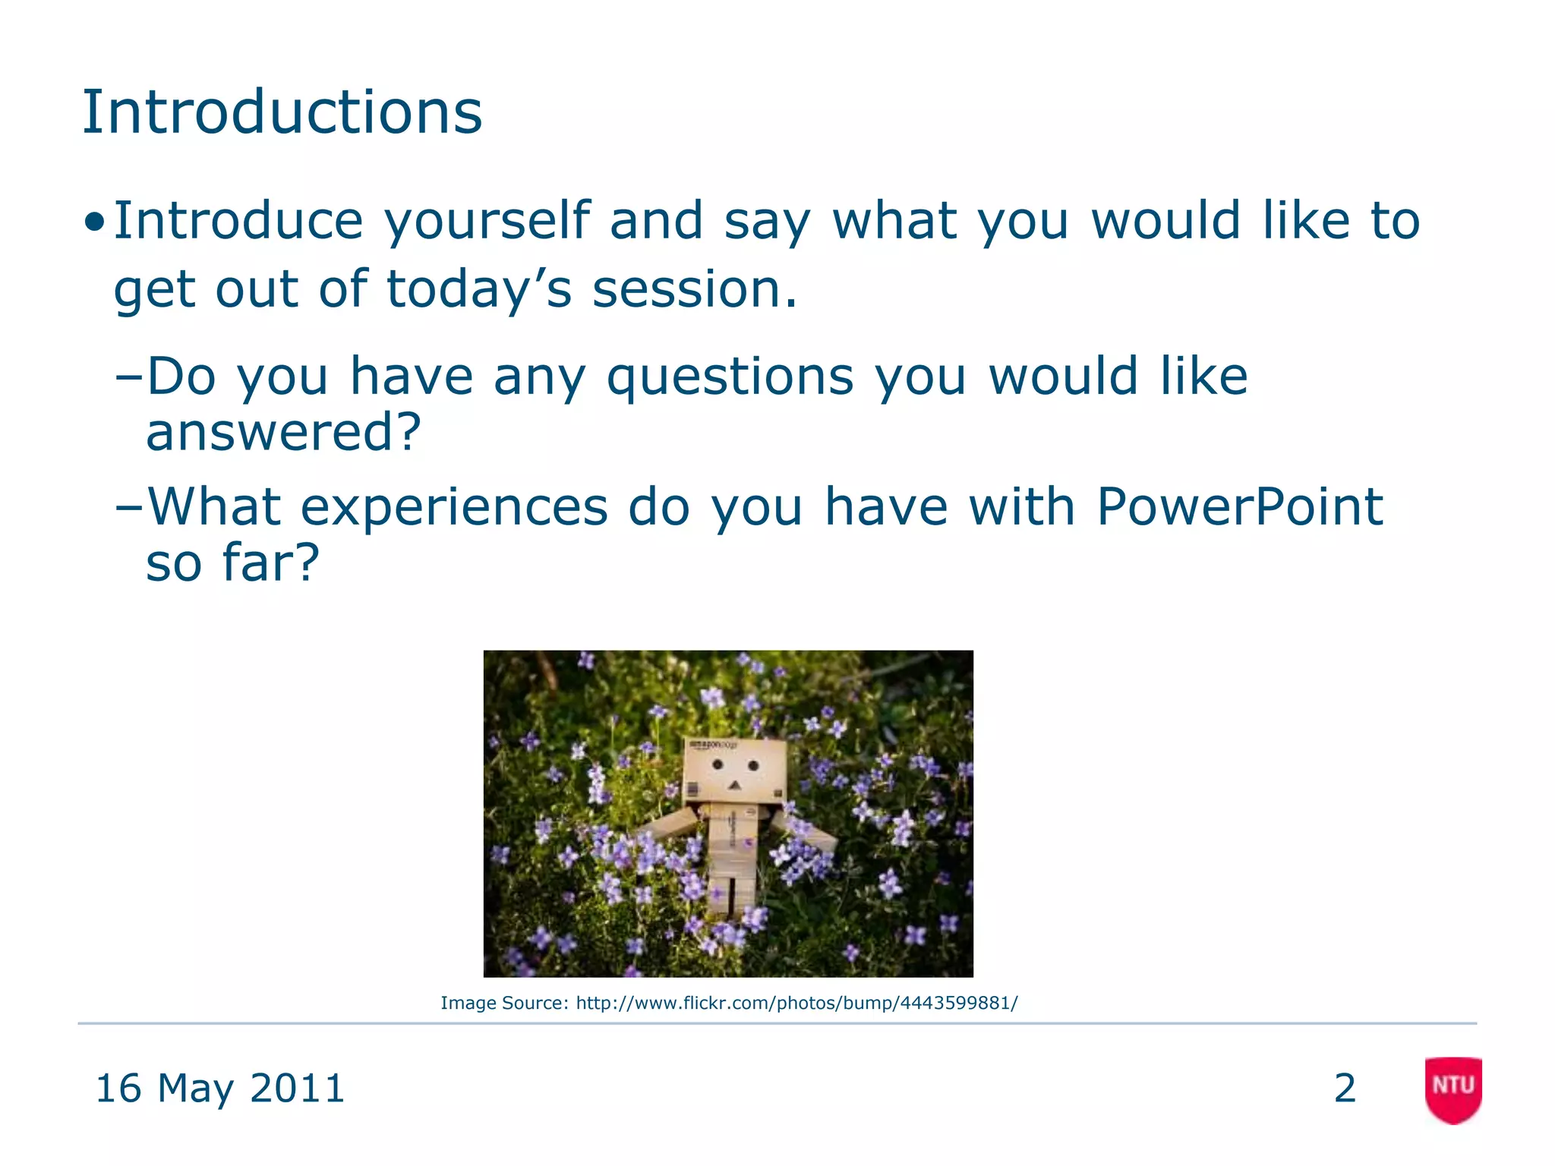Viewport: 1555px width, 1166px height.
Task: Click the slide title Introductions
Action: tap(282, 112)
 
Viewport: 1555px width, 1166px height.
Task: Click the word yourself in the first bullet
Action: tap(487, 222)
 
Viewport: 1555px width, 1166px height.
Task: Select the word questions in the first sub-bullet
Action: tap(730, 377)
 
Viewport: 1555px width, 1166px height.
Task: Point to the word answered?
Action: tap(283, 432)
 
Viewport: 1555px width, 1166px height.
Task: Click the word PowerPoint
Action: tap(1240, 506)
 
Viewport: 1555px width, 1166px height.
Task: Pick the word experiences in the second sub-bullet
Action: tap(454, 506)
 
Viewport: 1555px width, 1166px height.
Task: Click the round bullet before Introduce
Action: tap(95, 222)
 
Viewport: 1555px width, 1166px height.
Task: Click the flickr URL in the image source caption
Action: tap(796, 1003)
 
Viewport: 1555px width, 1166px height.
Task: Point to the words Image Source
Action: tap(503, 1003)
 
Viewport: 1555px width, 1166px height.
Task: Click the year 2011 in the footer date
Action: tap(297, 1088)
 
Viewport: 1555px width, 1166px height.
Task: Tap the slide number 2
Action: tap(1345, 1088)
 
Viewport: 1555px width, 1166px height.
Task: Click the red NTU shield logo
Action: tap(1453, 1089)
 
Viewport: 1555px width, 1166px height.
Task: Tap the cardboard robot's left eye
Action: tap(717, 764)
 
